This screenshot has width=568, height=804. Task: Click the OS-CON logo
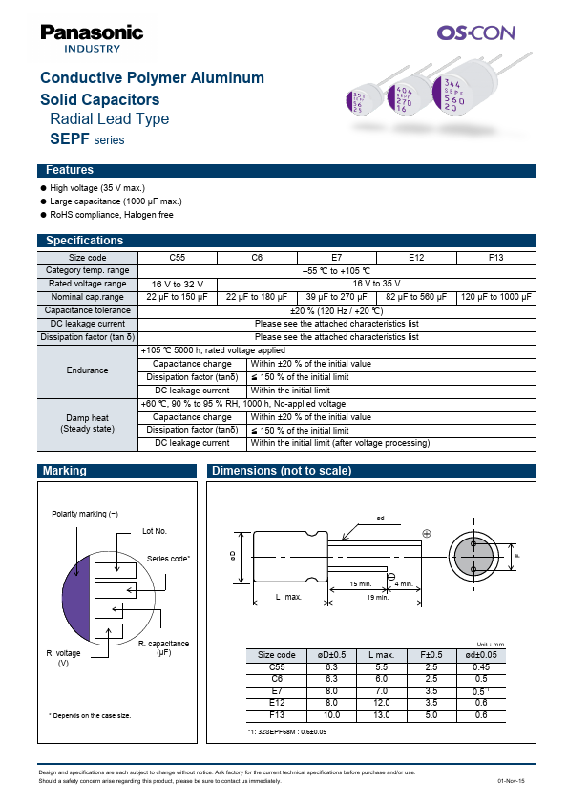pos(475,32)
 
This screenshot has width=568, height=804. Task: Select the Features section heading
pos(69,170)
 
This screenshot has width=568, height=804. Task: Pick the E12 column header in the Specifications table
pos(416,258)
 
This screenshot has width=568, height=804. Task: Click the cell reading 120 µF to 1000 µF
pos(497,297)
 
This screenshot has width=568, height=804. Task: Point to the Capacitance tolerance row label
pos(88,310)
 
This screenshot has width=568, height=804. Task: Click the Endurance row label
pos(88,370)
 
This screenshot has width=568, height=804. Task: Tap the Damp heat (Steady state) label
pos(88,423)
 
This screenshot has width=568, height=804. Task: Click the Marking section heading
pos(65,471)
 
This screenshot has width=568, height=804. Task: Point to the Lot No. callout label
pos(154,530)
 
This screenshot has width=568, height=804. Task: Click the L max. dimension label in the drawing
pos(288,597)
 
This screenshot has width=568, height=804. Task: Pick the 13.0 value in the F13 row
pos(377,714)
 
